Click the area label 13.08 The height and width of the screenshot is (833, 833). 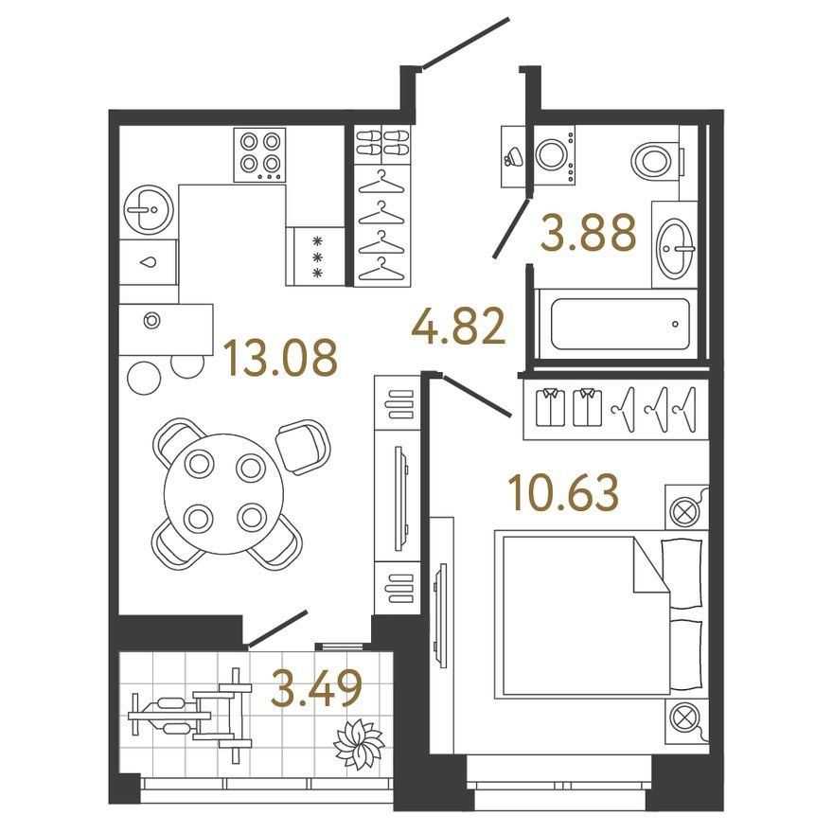(x=280, y=358)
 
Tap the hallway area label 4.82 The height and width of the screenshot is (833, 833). (x=458, y=327)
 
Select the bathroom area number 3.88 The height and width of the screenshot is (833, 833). (x=588, y=232)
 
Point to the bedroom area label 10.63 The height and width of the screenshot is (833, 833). (x=563, y=492)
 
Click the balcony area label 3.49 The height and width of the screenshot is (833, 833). (x=316, y=688)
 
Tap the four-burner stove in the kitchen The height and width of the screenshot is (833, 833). (x=259, y=154)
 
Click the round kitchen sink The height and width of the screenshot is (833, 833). (x=149, y=210)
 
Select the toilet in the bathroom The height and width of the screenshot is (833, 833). (x=656, y=159)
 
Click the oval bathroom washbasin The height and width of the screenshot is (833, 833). (x=675, y=248)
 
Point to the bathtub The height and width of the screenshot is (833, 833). (x=620, y=324)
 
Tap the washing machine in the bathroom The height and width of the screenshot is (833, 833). (x=554, y=154)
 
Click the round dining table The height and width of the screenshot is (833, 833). (x=224, y=493)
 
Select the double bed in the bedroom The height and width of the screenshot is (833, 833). (x=601, y=614)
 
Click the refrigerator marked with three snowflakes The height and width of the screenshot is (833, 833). (x=316, y=257)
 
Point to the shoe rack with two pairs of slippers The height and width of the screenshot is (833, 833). (x=382, y=144)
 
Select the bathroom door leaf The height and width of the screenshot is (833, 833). (x=511, y=228)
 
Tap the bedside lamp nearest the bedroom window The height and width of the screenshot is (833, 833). (x=686, y=719)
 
